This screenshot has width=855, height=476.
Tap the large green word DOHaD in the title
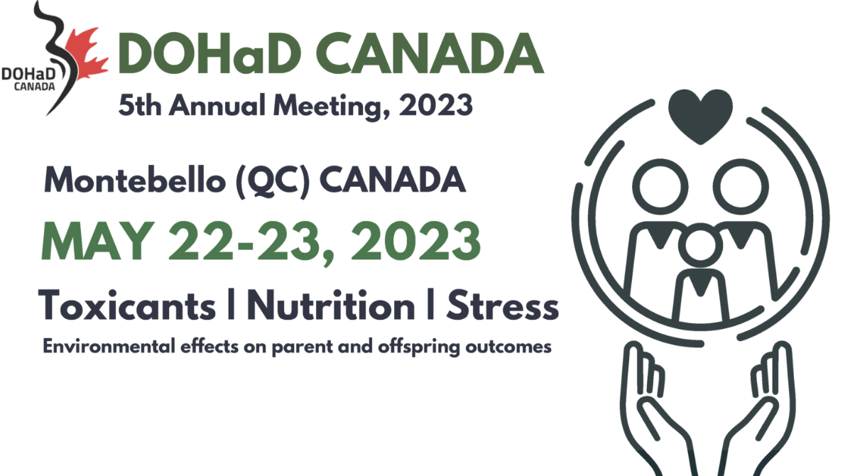(x=209, y=53)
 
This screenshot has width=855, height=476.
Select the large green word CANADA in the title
(x=430, y=53)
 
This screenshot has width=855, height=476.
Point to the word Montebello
(x=135, y=180)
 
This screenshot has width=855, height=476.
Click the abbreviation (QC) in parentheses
(x=273, y=181)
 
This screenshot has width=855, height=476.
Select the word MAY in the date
(x=98, y=242)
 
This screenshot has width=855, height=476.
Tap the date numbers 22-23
(x=244, y=242)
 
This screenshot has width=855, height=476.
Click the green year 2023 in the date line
(x=416, y=242)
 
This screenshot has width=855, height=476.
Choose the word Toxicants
(x=128, y=305)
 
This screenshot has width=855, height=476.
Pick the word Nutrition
(x=331, y=305)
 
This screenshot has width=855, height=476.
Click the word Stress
(x=503, y=305)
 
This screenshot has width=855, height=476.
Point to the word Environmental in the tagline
(x=109, y=347)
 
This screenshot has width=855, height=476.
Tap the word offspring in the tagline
(x=419, y=347)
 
